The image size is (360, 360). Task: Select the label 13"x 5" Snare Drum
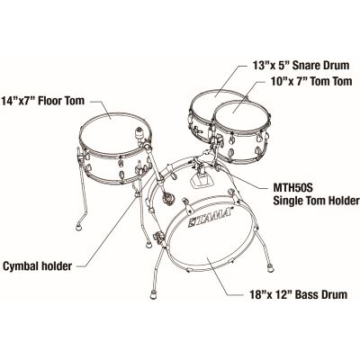(x=301, y=65)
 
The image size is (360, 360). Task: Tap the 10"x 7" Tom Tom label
(x=311, y=81)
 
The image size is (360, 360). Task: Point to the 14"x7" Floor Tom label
(x=43, y=101)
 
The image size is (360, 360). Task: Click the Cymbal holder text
(x=38, y=266)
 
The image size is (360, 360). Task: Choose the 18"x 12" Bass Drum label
(x=299, y=294)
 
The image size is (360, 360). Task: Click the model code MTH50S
(x=292, y=188)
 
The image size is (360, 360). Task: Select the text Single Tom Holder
(x=316, y=201)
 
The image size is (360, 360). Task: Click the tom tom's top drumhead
(x=241, y=113)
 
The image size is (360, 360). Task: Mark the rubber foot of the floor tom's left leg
(x=79, y=228)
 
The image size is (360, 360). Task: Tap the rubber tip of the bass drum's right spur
(x=271, y=268)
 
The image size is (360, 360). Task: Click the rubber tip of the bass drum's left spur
(x=153, y=295)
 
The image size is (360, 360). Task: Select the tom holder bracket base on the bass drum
(x=201, y=181)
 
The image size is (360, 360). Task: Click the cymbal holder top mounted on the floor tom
(x=139, y=133)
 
